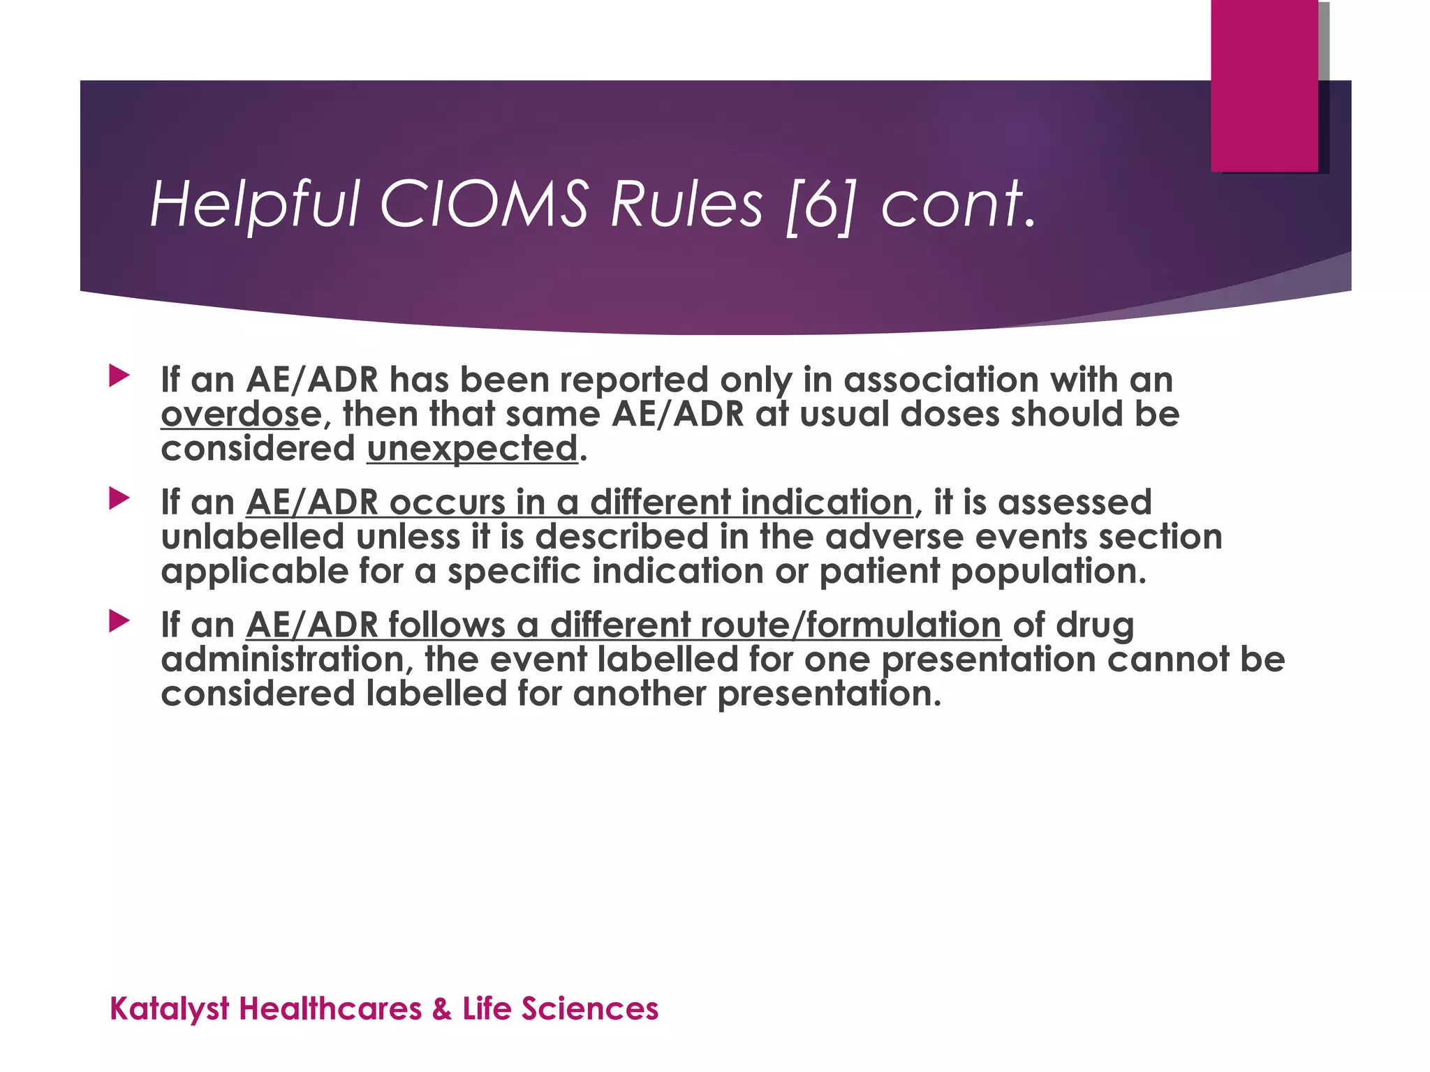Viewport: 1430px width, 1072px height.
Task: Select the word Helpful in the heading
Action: [x=254, y=204]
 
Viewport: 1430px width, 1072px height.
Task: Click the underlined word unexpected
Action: [x=472, y=448]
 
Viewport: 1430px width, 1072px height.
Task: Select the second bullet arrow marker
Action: [x=119, y=499]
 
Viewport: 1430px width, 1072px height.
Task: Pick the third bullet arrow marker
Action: [x=119, y=621]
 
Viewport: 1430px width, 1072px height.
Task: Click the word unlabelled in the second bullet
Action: [x=253, y=537]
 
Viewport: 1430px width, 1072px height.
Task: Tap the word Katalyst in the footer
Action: [x=170, y=1009]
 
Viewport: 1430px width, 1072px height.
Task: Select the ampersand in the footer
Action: [x=441, y=1009]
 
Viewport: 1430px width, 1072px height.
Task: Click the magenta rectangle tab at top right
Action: [x=1264, y=85]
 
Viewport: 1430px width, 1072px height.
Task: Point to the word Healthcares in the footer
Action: [x=330, y=1009]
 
